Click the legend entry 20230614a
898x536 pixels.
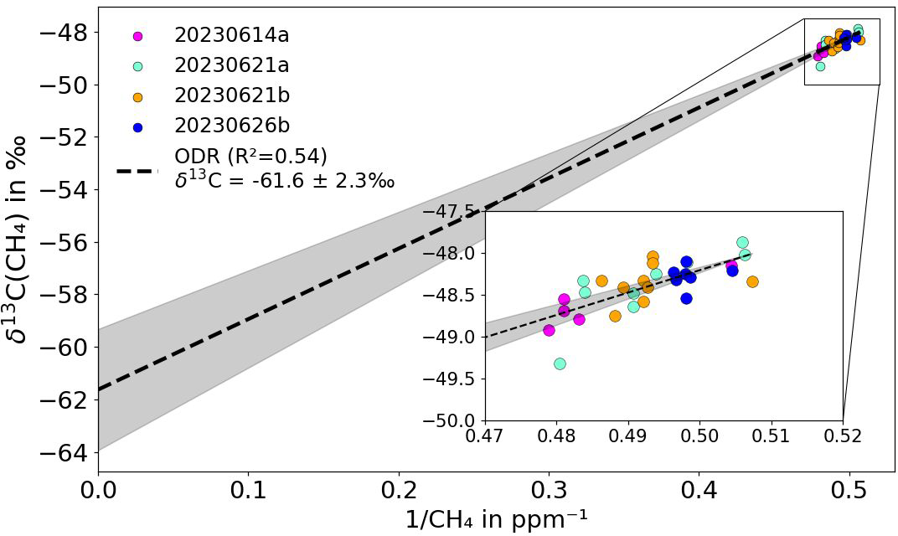pos(231,35)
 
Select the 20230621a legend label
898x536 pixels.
pos(231,65)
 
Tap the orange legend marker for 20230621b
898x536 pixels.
pos(138,96)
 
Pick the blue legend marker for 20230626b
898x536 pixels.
pos(138,126)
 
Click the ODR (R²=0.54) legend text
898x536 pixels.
pos(250,157)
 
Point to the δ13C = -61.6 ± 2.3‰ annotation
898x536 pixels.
pos(285,179)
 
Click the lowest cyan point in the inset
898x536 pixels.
pos(560,363)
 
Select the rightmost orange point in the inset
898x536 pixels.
pos(752,281)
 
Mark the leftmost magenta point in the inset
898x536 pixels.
pos(549,330)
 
